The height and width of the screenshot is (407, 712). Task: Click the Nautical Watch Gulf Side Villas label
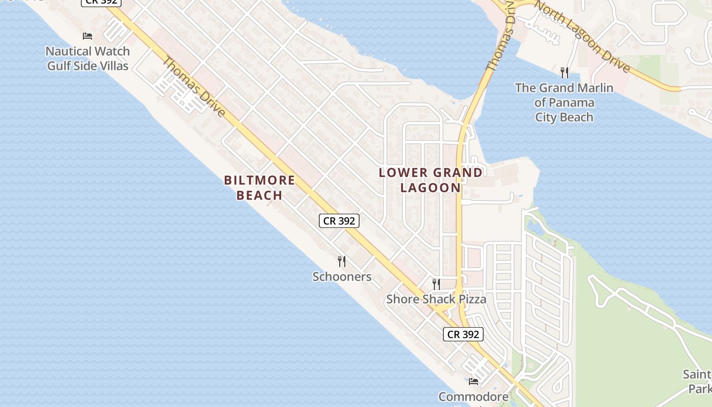coord(87,59)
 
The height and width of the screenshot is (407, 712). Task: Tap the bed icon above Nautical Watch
coord(87,36)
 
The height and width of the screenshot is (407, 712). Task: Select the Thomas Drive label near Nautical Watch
coord(193,86)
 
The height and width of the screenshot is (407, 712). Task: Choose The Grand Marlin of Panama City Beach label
coord(564,102)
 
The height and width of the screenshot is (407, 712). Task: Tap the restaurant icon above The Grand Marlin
coord(564,72)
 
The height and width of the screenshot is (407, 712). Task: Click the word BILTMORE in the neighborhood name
coord(259,180)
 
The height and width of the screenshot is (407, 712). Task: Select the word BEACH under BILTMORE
coord(259,195)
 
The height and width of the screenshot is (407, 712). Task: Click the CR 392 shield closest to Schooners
coord(339,221)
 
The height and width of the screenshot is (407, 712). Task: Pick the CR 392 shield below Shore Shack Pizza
coord(463,334)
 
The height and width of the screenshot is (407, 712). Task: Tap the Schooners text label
coord(342,277)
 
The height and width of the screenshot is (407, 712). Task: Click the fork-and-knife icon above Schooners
coord(342,261)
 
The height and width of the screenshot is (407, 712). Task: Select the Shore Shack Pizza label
coord(436,299)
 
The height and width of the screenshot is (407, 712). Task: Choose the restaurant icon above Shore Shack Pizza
coord(436,284)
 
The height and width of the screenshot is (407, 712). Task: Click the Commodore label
coord(473,397)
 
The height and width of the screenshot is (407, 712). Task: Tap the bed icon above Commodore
coord(473,381)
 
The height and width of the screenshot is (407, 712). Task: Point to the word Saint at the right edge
coord(697,375)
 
